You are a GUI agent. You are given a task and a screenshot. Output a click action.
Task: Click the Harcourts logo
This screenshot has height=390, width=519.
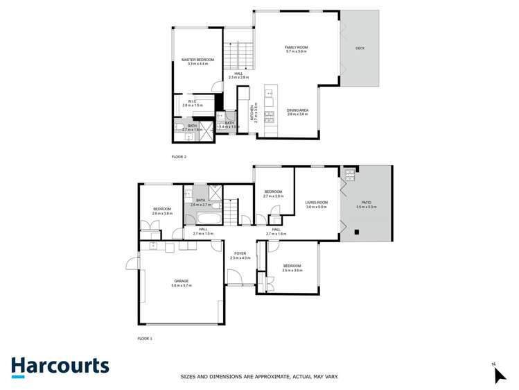coord(60,366)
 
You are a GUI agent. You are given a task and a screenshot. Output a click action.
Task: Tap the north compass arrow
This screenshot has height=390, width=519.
coord(500,375)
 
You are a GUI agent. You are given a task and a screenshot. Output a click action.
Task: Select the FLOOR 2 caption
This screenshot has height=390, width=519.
coord(179,157)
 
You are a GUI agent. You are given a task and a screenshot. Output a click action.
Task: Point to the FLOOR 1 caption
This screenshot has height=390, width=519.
coord(145,339)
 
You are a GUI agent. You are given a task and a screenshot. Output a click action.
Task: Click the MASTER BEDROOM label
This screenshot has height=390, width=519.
coord(198,60)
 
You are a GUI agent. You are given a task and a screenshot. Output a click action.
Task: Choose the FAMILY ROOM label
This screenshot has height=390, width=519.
coord(296,47)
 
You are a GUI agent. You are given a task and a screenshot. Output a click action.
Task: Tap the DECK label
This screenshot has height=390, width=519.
coord(360,49)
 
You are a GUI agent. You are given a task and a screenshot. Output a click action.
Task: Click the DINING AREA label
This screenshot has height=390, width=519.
coord(297,110)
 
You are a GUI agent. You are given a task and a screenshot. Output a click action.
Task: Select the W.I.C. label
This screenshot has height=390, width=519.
coord(192,101)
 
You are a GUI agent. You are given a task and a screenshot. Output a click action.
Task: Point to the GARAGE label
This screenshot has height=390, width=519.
coord(181,281)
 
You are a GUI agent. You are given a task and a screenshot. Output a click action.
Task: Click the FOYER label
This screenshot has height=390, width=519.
coord(240,254)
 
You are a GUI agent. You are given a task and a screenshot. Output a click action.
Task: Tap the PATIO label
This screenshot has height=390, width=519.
coord(366,202)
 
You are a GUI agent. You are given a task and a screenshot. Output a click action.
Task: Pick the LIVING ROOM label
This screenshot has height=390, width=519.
coord(316,202)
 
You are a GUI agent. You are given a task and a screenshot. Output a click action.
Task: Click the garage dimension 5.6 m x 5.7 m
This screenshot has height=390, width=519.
coord(181,286)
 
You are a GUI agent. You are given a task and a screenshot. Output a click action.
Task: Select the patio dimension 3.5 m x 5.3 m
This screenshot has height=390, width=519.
coord(366,207)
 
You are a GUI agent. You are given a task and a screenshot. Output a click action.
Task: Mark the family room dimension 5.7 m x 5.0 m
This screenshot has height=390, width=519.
coord(296,52)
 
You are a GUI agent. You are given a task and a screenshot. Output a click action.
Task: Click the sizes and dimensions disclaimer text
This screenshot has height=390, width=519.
coord(259,377)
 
